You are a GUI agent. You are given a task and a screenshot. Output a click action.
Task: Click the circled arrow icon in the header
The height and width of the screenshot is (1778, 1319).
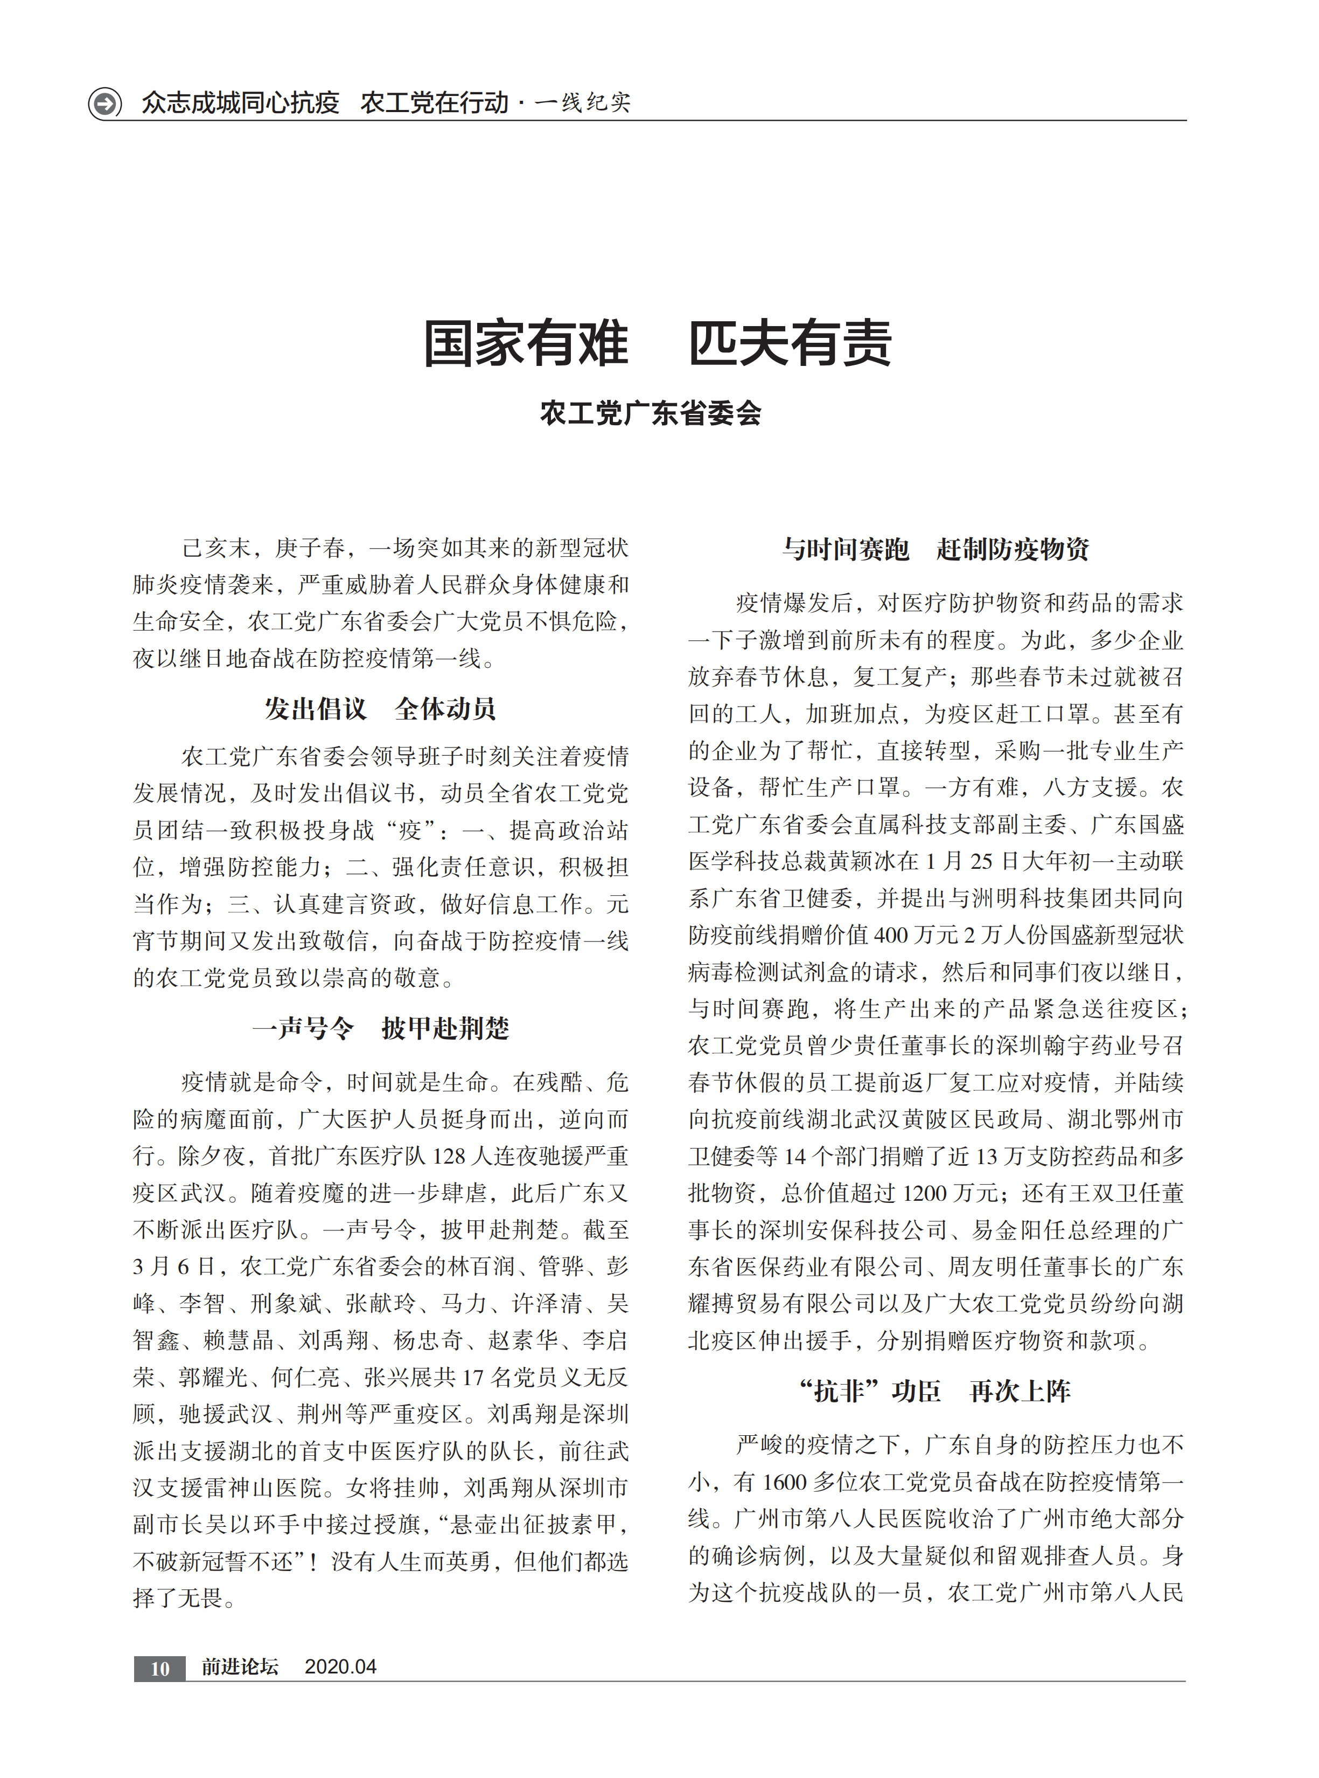point(104,103)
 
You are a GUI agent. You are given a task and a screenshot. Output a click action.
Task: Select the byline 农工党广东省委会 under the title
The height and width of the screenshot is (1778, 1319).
point(650,413)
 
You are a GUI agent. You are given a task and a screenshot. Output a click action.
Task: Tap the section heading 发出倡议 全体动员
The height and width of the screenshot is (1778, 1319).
point(380,709)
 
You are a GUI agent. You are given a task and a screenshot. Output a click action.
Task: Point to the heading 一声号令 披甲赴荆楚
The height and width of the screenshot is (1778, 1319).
point(380,1028)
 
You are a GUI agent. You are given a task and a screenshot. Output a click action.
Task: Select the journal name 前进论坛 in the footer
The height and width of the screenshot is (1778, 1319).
point(240,1667)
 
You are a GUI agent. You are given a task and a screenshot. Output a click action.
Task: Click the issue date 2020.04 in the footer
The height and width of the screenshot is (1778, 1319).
point(340,1667)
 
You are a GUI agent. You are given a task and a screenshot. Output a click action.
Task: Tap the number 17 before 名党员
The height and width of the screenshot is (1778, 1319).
point(473,1377)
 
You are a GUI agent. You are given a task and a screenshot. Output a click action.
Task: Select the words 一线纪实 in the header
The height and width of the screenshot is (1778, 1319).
point(582,103)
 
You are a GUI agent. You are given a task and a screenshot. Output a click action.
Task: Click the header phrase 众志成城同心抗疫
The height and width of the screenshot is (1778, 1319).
point(240,103)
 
